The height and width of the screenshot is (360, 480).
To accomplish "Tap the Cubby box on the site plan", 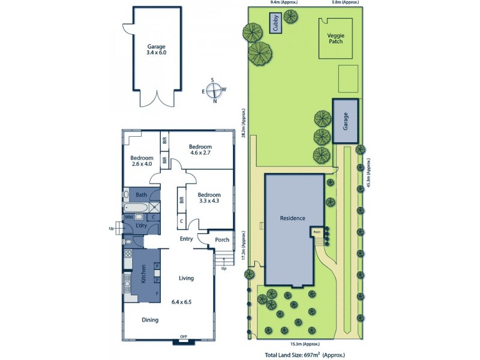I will pos(276,23).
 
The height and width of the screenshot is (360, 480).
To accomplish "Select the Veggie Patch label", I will pos(335,38).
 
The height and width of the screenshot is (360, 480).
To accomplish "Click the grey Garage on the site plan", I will pos(346,121).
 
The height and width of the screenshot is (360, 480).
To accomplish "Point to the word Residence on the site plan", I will pos(293,218).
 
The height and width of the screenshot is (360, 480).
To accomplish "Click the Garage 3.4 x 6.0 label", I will pos(156,50).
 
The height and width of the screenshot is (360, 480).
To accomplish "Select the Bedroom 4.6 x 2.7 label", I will pos(200,150).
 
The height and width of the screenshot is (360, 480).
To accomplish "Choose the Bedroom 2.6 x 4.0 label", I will pos(142,160).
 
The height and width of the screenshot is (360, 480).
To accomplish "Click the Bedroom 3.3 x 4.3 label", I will pos(209,198).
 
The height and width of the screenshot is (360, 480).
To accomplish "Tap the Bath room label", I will pos(142,195).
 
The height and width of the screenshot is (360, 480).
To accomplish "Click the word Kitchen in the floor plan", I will pos(143,275).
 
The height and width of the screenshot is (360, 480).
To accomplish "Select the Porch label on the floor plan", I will pos(222,240).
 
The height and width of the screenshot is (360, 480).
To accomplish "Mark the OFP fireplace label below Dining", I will pos(183,337).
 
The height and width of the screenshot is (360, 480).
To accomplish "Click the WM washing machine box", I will pos(128,217).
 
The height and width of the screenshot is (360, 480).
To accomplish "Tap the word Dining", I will pos(150,320).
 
